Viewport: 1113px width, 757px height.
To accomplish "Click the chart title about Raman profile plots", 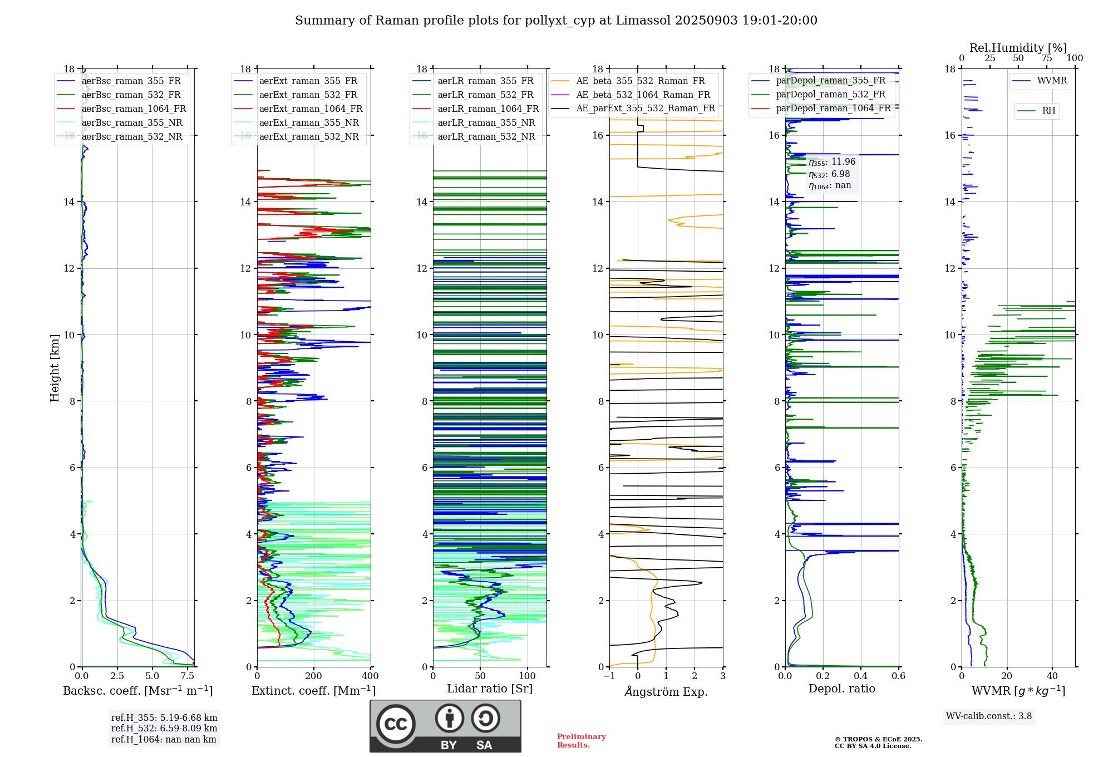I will coord(556,21).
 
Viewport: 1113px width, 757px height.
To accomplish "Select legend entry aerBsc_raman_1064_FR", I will coord(134,109).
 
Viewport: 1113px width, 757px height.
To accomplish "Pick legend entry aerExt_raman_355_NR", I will coord(309,123).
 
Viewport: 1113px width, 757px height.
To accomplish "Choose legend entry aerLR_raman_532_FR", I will coord(485,95).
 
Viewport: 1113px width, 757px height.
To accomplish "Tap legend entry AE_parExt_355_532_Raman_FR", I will coord(645,109).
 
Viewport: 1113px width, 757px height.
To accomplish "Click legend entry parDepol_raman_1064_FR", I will coord(833,109).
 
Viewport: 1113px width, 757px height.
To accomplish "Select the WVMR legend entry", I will coord(1052,81).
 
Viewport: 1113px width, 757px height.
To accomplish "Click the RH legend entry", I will coord(1048,111).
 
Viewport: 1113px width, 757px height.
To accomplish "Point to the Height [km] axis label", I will coord(55,368).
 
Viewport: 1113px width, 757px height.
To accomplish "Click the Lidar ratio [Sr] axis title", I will coord(490,689).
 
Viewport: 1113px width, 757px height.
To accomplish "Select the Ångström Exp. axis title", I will coord(666,692).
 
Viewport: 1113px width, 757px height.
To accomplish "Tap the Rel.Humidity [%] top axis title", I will coord(1018,48).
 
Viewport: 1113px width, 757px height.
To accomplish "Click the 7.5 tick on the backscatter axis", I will coord(188,676).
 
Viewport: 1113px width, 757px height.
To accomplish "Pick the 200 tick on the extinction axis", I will coord(314,676).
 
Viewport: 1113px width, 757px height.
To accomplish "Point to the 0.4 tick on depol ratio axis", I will coord(861,676).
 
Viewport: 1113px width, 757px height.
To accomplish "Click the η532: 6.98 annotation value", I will coord(829,174).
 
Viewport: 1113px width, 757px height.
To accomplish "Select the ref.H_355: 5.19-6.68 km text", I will coord(164,718).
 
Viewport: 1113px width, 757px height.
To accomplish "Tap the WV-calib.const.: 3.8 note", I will coord(989,716).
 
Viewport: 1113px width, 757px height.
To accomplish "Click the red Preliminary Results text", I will coord(581,741).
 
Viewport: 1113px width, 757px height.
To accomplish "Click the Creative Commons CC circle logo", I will coord(396,724).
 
